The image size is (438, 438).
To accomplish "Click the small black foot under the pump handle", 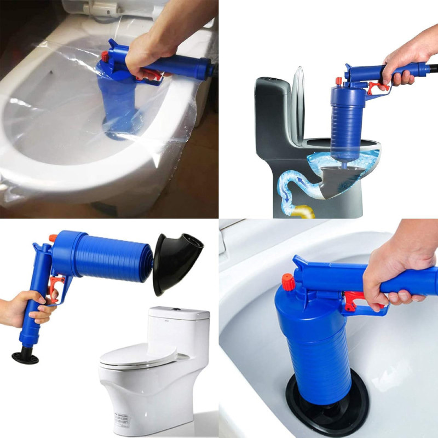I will tap(26, 358).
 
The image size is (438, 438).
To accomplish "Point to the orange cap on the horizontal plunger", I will tap(53, 238).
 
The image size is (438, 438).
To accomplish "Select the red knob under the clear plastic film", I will tap(104, 56).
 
